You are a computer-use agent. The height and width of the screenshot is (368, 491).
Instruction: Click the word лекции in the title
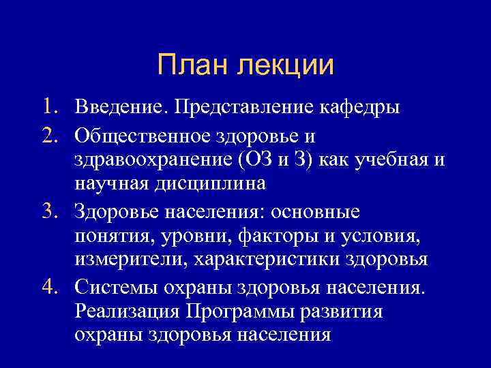pyautogui.click(x=286, y=66)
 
